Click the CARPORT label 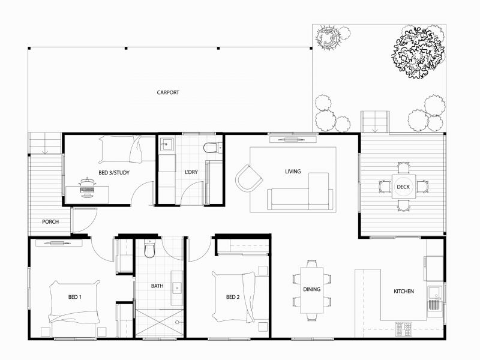168,92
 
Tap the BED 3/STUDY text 114,173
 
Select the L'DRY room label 191,173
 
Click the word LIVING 293,172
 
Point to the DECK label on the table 403,187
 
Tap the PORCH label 50,222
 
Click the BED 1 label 74,297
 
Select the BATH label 157,286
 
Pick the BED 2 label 233,297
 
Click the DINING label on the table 311,289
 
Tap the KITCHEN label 403,292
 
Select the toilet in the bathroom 150,249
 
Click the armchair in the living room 248,178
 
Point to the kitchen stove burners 403,328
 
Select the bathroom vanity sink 177,287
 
